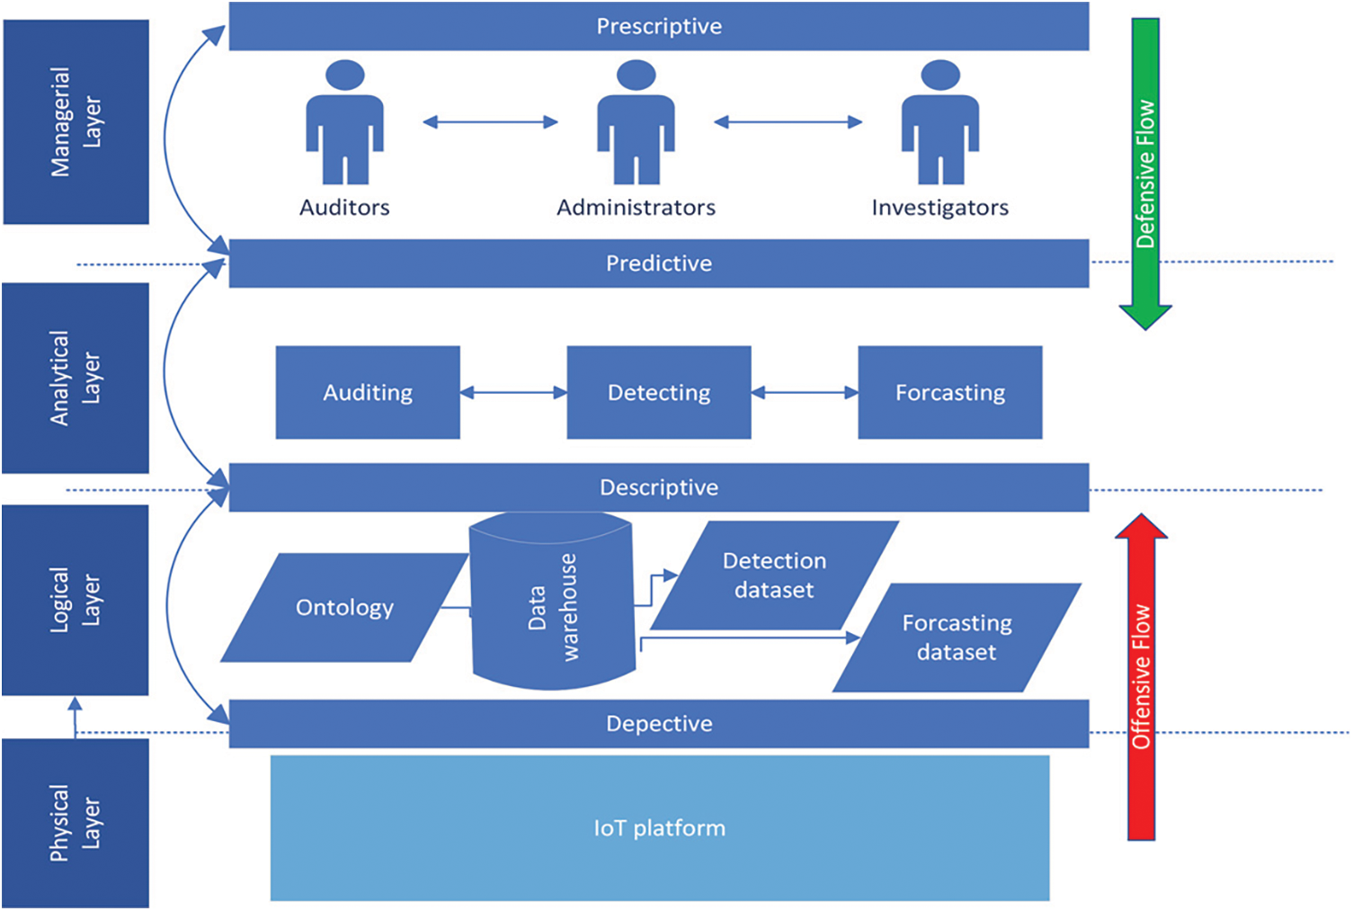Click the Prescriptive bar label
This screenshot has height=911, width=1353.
[659, 26]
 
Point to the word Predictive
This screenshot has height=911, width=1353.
[659, 263]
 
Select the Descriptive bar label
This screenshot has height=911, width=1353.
[659, 487]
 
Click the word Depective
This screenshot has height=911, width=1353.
[659, 724]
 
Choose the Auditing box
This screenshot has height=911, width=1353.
[368, 393]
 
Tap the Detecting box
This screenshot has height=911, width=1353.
[659, 393]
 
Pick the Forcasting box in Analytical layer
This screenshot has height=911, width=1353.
[950, 393]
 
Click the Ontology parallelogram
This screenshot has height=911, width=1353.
[344, 608]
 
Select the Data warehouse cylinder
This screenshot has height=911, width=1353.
[552, 603]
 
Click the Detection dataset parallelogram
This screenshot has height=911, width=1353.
[774, 576]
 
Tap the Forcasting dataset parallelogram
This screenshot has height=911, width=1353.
[957, 638]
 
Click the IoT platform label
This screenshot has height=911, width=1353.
[659, 828]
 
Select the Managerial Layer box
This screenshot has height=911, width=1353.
[76, 122]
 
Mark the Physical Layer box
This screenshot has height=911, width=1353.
[76, 823]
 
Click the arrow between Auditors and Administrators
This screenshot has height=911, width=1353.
[491, 122]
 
